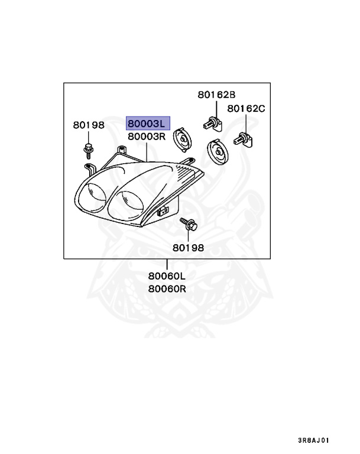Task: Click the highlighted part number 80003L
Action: [x=147, y=124]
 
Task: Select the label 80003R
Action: [x=147, y=137]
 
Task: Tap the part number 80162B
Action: [x=216, y=95]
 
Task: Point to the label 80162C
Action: [x=247, y=109]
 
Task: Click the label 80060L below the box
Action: [x=167, y=276]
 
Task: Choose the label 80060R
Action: [x=167, y=289]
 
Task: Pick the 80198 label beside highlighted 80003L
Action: [x=89, y=125]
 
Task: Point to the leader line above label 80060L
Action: [x=167, y=265]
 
